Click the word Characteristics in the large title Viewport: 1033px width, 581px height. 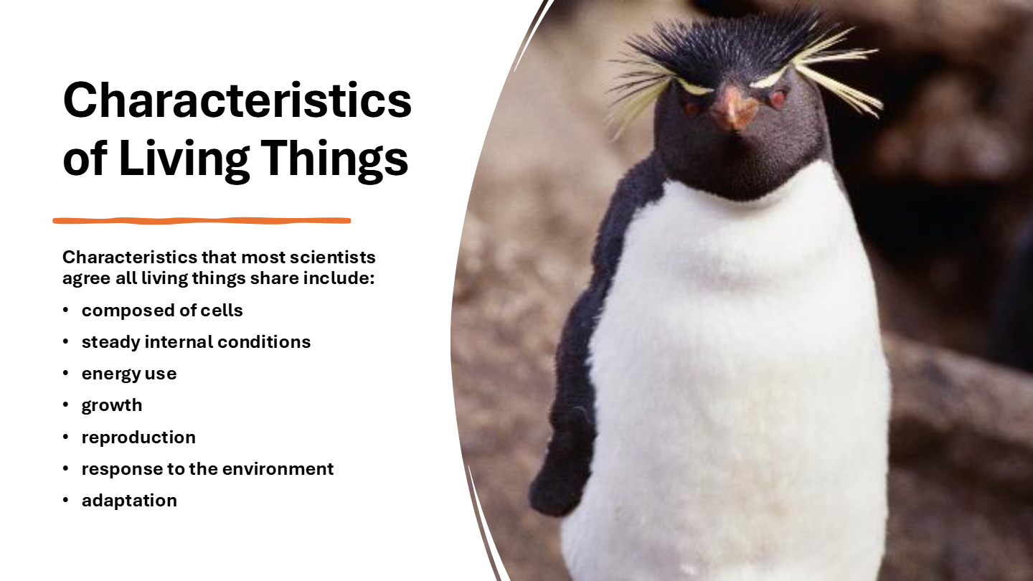tap(237, 100)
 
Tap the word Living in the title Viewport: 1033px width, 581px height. tap(184, 159)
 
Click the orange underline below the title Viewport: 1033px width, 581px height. tap(202, 221)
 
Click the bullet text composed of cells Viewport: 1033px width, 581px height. tap(162, 311)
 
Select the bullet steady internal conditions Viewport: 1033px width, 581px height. tap(196, 342)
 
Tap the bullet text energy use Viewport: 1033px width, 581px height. tap(129, 374)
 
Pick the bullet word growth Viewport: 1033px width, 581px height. tap(112, 405)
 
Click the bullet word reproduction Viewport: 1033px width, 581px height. tap(138, 437)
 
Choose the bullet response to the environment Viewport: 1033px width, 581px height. tap(207, 469)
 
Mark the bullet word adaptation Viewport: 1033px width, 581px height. tap(129, 501)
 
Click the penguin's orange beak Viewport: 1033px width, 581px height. tap(733, 108)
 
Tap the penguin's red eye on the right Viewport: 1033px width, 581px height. tap(777, 99)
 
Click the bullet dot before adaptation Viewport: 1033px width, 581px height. tap(65, 500)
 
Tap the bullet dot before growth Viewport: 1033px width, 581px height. tap(65, 405)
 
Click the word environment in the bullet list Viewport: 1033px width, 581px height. tap(278, 469)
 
